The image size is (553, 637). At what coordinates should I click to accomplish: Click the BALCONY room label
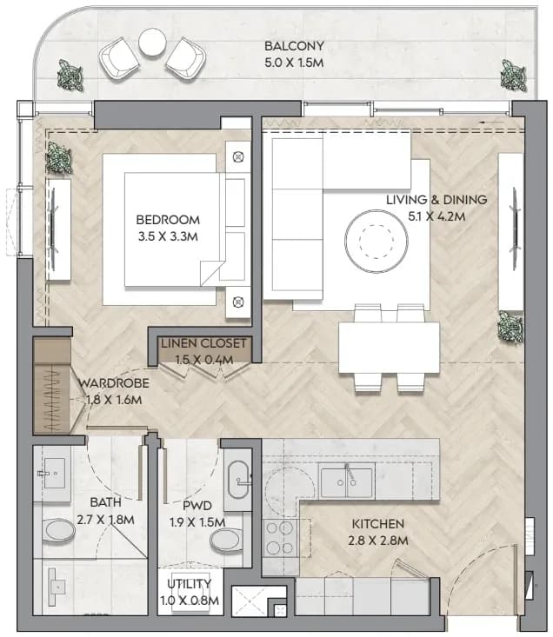click(294, 46)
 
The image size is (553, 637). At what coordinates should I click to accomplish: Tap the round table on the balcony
click(152, 43)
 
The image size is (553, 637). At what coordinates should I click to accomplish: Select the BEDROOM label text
click(168, 220)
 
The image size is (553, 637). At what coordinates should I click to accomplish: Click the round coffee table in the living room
click(376, 241)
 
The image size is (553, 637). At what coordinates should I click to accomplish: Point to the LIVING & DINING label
click(436, 200)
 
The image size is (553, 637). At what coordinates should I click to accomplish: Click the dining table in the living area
click(389, 348)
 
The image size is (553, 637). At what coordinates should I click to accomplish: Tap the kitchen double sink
click(346, 482)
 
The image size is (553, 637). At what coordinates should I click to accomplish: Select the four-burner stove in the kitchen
click(280, 538)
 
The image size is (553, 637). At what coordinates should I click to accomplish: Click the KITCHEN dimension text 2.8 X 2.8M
click(378, 541)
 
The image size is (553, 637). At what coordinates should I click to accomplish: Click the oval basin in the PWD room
click(238, 480)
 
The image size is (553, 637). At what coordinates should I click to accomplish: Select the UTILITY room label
click(190, 584)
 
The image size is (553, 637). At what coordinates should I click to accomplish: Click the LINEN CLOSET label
click(203, 343)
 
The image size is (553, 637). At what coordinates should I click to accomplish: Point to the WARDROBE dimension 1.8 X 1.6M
click(114, 400)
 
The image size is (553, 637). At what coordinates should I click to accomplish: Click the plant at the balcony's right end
click(513, 75)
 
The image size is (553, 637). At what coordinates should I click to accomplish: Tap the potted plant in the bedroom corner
click(59, 158)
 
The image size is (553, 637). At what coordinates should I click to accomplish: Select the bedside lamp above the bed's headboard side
click(238, 156)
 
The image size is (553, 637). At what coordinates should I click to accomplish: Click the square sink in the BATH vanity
click(54, 474)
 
